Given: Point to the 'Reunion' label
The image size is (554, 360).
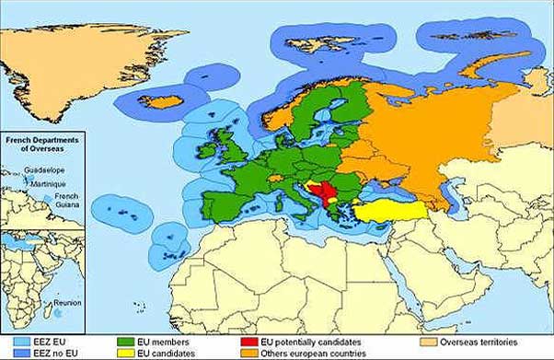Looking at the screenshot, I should (x=68, y=300).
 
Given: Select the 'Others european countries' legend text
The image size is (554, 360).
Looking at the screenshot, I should (x=313, y=354).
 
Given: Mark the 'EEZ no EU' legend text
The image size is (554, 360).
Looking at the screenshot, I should (x=44, y=354).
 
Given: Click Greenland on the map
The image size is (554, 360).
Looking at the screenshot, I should (x=83, y=64).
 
